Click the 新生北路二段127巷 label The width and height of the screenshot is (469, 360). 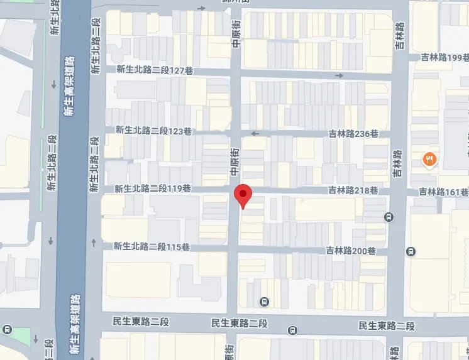click(x=153, y=70)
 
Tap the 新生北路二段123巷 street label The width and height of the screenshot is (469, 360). click(x=153, y=131)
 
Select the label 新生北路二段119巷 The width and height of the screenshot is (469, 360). click(x=152, y=188)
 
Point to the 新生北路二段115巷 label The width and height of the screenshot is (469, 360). click(x=152, y=247)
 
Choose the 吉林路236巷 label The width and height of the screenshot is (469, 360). click(x=353, y=134)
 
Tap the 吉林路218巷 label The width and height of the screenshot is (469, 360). click(x=353, y=190)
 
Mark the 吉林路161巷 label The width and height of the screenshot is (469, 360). click(x=444, y=192)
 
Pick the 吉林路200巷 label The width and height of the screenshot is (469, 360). click(x=351, y=251)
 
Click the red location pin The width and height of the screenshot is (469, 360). click(x=243, y=195)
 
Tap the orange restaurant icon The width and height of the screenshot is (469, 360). click(x=430, y=160)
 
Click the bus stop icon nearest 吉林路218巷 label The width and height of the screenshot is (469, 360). click(x=389, y=217)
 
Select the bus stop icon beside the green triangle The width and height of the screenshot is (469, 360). click(x=8, y=330)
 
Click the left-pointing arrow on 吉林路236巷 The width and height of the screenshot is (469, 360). click(x=255, y=133)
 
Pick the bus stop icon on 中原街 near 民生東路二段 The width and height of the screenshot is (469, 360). click(x=265, y=301)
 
